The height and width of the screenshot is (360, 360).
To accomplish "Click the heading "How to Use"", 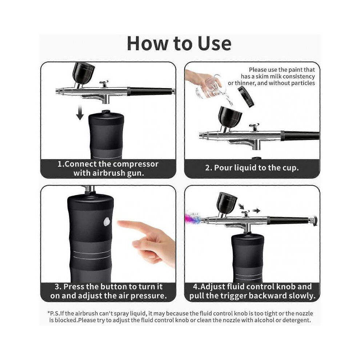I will point(179,44).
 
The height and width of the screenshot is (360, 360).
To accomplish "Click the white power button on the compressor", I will point(107,221).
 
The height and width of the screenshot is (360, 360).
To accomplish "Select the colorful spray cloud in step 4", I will point(193,218).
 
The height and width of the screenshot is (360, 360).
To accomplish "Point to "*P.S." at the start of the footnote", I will point(54,313).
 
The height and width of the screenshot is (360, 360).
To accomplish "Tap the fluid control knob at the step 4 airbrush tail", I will point(313,220).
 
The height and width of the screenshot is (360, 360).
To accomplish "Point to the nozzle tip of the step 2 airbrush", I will point(201,136).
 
